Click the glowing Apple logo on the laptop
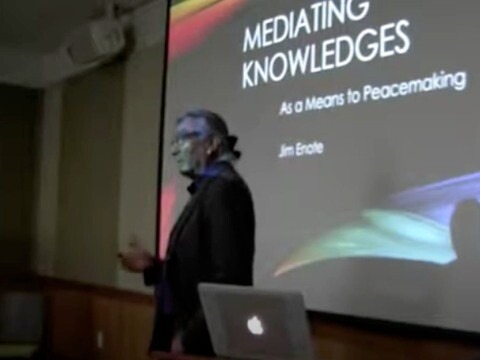[255, 326]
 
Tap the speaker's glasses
[183, 138]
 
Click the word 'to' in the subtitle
[361, 91]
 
